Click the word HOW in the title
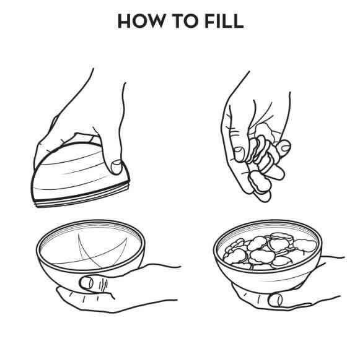[141, 21]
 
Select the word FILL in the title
[224, 21]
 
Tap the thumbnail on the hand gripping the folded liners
[116, 166]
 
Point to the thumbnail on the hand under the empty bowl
[87, 283]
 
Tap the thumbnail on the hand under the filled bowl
[276, 300]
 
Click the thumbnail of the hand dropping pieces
[239, 154]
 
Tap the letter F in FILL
[209, 21]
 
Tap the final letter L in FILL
[239, 21]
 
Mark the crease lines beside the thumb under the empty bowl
[103, 285]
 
